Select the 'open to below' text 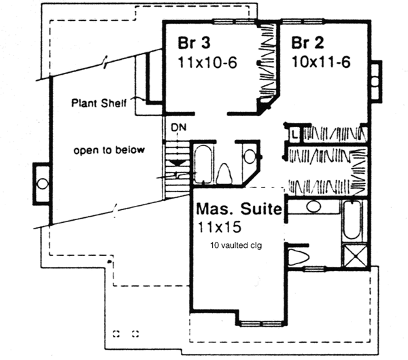pos(109,150)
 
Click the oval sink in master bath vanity pos(313,206)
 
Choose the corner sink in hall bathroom pos(249,155)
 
